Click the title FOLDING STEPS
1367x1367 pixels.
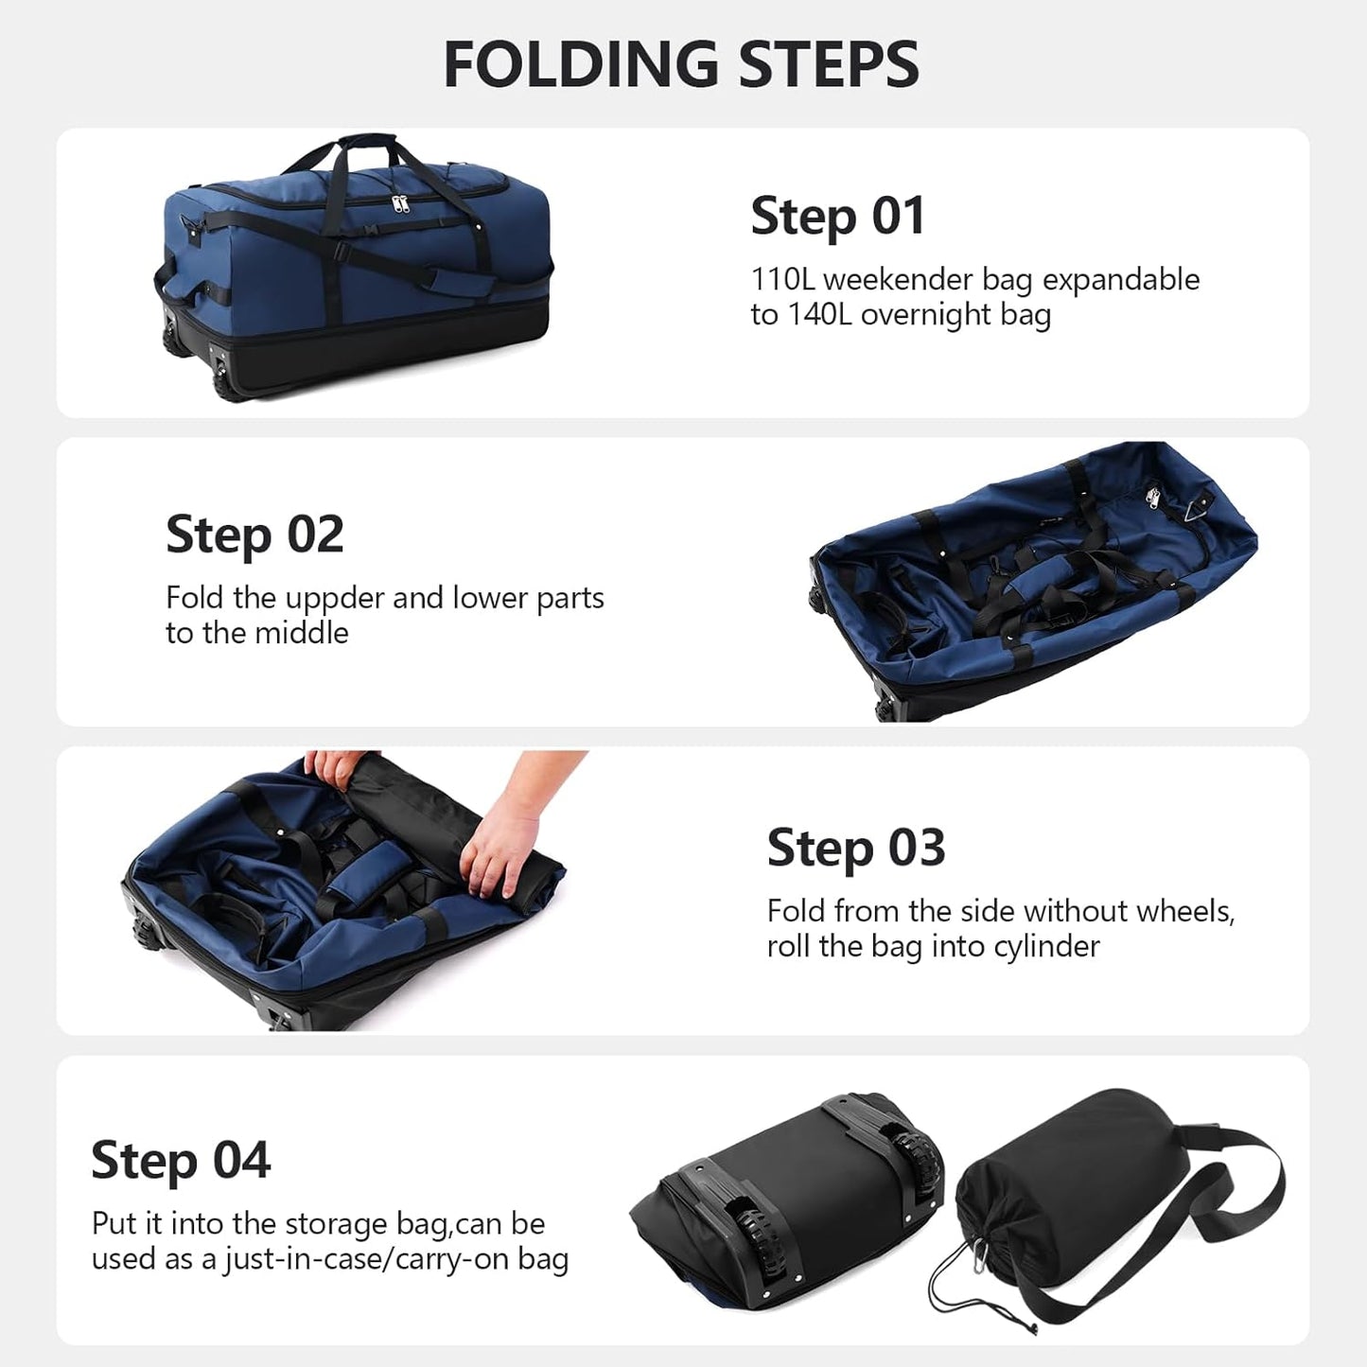pyautogui.click(x=681, y=64)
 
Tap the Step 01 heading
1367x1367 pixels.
pyautogui.click(x=837, y=217)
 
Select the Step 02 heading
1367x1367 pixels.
pyautogui.click(x=254, y=535)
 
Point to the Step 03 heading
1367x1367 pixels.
pyautogui.click(x=855, y=848)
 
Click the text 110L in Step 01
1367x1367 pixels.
pyautogui.click(x=782, y=280)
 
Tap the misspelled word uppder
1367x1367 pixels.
pyautogui.click(x=335, y=599)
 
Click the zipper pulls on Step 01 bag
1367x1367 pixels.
pyautogui.click(x=401, y=203)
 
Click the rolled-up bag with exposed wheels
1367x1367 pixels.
pyautogui.click(x=785, y=1201)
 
